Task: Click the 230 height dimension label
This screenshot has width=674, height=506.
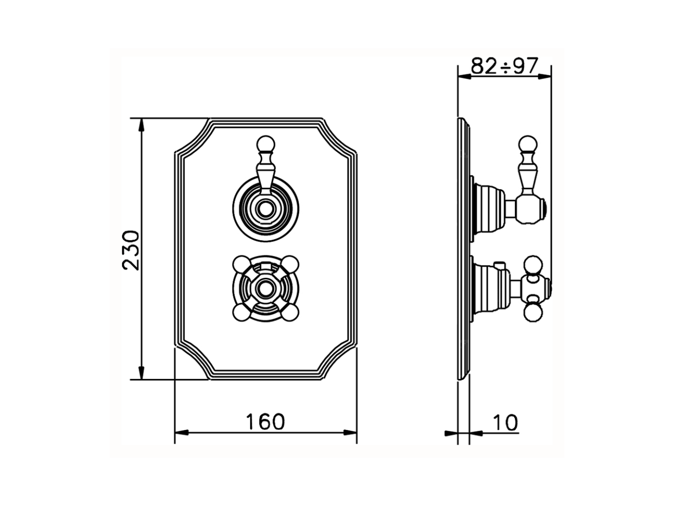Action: point(131,250)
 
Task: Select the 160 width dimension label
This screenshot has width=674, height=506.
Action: point(265,422)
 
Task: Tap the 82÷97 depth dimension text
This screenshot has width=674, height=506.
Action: point(504,66)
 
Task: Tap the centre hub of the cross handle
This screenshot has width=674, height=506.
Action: point(265,288)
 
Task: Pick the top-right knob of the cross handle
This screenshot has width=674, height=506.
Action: point(289,264)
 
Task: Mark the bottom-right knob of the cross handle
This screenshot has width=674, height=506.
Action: point(289,313)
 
